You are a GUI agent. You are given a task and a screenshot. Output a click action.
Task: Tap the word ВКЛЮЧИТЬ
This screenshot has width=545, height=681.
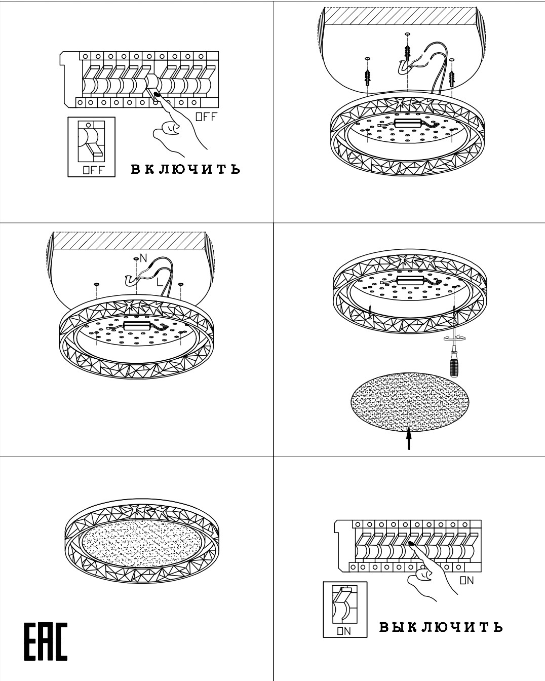[x=186, y=169]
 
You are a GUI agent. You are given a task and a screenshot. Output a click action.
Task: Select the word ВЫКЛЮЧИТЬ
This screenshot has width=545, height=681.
[x=441, y=627]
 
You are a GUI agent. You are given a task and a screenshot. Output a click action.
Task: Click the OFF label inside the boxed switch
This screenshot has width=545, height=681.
[x=93, y=170]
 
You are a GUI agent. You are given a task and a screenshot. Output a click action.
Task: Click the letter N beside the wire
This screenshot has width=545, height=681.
[x=143, y=258]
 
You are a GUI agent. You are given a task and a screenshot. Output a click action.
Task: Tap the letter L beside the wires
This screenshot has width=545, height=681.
[x=160, y=281]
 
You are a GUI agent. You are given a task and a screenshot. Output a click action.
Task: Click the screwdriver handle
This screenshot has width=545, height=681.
[x=454, y=366]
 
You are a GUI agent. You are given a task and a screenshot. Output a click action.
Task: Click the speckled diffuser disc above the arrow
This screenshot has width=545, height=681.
[x=410, y=402]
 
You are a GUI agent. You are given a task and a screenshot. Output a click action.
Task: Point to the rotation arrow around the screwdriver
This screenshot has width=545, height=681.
[x=454, y=338]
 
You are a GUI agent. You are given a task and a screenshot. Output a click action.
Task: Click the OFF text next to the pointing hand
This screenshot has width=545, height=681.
[x=206, y=117]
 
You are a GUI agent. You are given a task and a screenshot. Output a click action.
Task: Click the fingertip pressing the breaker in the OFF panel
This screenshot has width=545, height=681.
[x=157, y=94]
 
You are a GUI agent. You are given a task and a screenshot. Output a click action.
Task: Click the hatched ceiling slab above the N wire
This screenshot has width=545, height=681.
[x=130, y=241]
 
